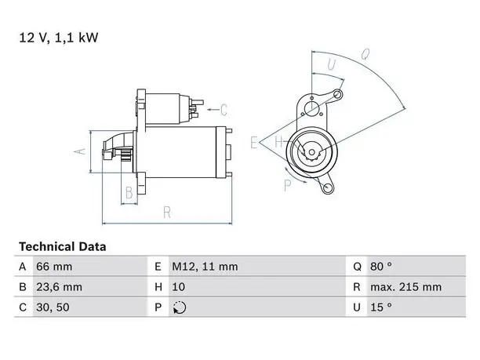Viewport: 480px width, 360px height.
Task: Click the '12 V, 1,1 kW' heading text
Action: click(59, 38)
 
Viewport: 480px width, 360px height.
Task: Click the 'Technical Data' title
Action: click(63, 246)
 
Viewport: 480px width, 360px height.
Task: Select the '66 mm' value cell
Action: click(54, 267)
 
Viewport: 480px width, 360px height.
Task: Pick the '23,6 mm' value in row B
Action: click(59, 287)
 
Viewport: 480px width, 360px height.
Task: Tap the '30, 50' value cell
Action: click(53, 307)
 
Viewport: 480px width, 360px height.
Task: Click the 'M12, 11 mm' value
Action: click(205, 267)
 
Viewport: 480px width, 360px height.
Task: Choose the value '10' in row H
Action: click(179, 287)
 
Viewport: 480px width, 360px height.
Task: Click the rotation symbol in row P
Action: click(180, 307)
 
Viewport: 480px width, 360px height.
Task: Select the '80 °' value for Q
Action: click(381, 267)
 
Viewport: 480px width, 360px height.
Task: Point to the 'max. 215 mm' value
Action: click(406, 287)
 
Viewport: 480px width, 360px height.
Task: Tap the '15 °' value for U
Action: click(381, 307)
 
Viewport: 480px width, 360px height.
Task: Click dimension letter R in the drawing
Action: click(167, 212)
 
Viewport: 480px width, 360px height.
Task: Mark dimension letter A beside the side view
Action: click(80, 151)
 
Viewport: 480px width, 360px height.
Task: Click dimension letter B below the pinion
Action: click(129, 193)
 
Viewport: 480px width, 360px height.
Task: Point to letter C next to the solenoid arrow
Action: click(224, 110)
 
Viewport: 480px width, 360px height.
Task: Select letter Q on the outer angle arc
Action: click(365, 54)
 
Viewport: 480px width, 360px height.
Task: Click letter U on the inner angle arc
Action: click(331, 64)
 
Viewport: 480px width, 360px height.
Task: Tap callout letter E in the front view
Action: click(254, 143)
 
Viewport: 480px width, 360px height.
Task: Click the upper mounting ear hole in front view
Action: click(337, 94)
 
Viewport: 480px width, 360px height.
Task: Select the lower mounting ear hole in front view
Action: click(328, 187)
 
